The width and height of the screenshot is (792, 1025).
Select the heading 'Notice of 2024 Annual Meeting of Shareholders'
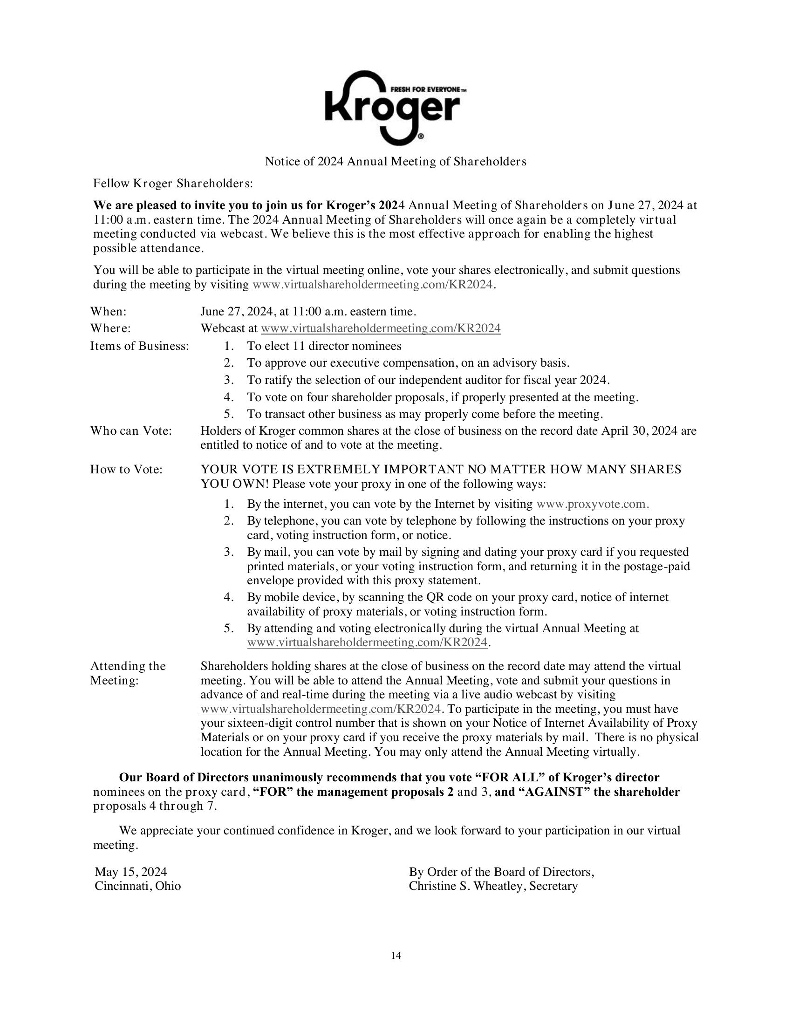[x=396, y=162]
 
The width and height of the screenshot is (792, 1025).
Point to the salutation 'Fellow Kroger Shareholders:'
[x=173, y=184]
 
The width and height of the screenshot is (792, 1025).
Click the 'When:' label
[x=109, y=312]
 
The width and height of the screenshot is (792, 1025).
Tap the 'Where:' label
[x=110, y=328]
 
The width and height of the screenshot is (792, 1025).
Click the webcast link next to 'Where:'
[x=381, y=328]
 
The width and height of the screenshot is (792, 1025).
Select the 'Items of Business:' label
[x=139, y=346]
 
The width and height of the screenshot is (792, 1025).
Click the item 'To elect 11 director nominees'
[x=324, y=346]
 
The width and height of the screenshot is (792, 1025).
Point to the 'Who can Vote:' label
[x=131, y=431]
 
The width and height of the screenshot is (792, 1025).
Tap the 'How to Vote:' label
[x=126, y=469]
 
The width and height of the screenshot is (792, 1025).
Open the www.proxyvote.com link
[x=593, y=505]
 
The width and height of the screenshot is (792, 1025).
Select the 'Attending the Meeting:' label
[x=128, y=673]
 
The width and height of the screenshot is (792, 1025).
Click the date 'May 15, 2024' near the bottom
[x=131, y=872]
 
